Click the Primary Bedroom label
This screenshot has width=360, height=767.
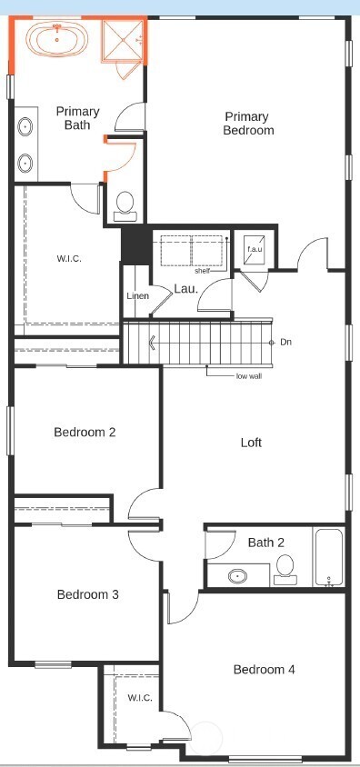point(248,124)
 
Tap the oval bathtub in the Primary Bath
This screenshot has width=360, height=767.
point(58,39)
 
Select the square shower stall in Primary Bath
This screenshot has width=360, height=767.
point(122,39)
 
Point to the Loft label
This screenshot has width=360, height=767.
point(251,443)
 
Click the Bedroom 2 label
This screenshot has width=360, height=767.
point(85,433)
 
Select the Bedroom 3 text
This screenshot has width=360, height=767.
point(87,595)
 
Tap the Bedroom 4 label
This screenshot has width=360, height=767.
point(264,670)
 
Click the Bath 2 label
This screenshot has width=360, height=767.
point(266,543)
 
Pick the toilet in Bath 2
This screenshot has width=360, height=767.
point(285,569)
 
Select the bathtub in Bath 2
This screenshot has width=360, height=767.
point(328,556)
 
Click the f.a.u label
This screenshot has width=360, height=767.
point(254,248)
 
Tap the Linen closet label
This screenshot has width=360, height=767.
point(137,296)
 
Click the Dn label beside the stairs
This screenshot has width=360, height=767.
point(285,342)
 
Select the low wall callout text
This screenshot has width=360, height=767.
point(248,375)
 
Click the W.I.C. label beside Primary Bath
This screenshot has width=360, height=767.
point(69,259)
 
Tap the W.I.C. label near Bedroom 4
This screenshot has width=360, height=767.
point(139,698)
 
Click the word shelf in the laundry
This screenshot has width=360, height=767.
point(202,271)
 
